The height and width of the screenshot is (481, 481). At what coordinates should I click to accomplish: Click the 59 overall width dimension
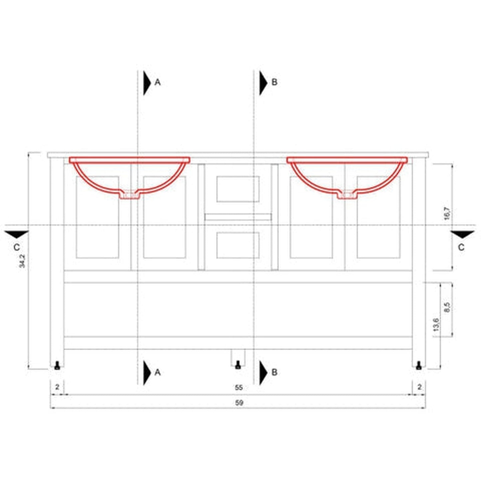[x=239, y=403]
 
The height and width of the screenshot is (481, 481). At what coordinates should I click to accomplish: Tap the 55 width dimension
[x=239, y=387]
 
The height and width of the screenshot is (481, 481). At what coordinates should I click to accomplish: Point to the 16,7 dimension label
[x=447, y=213]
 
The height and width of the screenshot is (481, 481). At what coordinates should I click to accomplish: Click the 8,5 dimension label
[x=447, y=307]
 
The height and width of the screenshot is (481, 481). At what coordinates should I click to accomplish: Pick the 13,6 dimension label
[x=436, y=325]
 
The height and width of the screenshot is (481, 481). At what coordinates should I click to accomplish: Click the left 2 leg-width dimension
[x=57, y=387]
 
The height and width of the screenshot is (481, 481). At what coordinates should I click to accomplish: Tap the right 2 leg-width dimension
[x=419, y=387]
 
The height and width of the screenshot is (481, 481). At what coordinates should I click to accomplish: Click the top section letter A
[x=157, y=82]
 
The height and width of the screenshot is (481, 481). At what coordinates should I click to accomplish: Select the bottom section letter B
[x=274, y=372]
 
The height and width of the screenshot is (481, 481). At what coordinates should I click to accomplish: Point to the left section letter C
[x=17, y=248]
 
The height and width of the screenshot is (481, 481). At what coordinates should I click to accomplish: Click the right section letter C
[x=461, y=248]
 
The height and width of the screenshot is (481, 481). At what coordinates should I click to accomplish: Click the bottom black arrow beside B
[x=263, y=372]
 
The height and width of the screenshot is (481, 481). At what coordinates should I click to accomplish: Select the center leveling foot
[x=238, y=365]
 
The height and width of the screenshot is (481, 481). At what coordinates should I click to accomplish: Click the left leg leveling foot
[x=57, y=365]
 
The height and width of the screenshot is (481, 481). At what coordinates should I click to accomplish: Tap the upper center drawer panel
[x=238, y=189]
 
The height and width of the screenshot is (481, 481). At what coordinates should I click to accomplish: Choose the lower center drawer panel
[x=238, y=245]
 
